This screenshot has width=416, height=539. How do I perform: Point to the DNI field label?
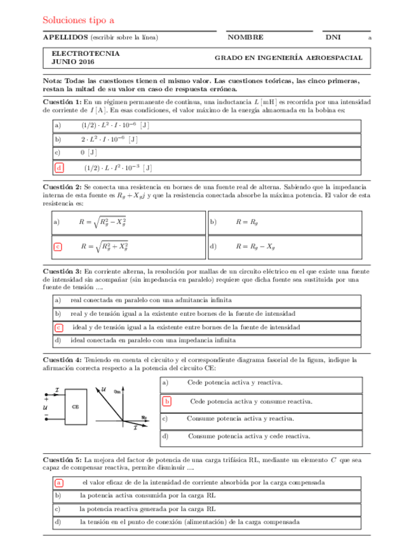[333, 38]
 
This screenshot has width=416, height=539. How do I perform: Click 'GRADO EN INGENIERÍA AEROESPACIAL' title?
[289, 58]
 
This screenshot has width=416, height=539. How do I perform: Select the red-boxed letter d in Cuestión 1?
[59, 168]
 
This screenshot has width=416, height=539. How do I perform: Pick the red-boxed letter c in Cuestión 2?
[58, 246]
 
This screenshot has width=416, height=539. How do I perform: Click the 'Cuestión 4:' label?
[62, 358]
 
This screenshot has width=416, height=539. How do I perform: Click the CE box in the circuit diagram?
[76, 406]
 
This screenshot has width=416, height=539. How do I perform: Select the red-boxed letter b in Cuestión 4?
[167, 401]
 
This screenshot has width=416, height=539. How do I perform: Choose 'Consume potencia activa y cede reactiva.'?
[249, 437]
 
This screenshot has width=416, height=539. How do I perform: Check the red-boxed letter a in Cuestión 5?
[58, 482]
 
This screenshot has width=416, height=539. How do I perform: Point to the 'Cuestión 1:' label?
[62, 102]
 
